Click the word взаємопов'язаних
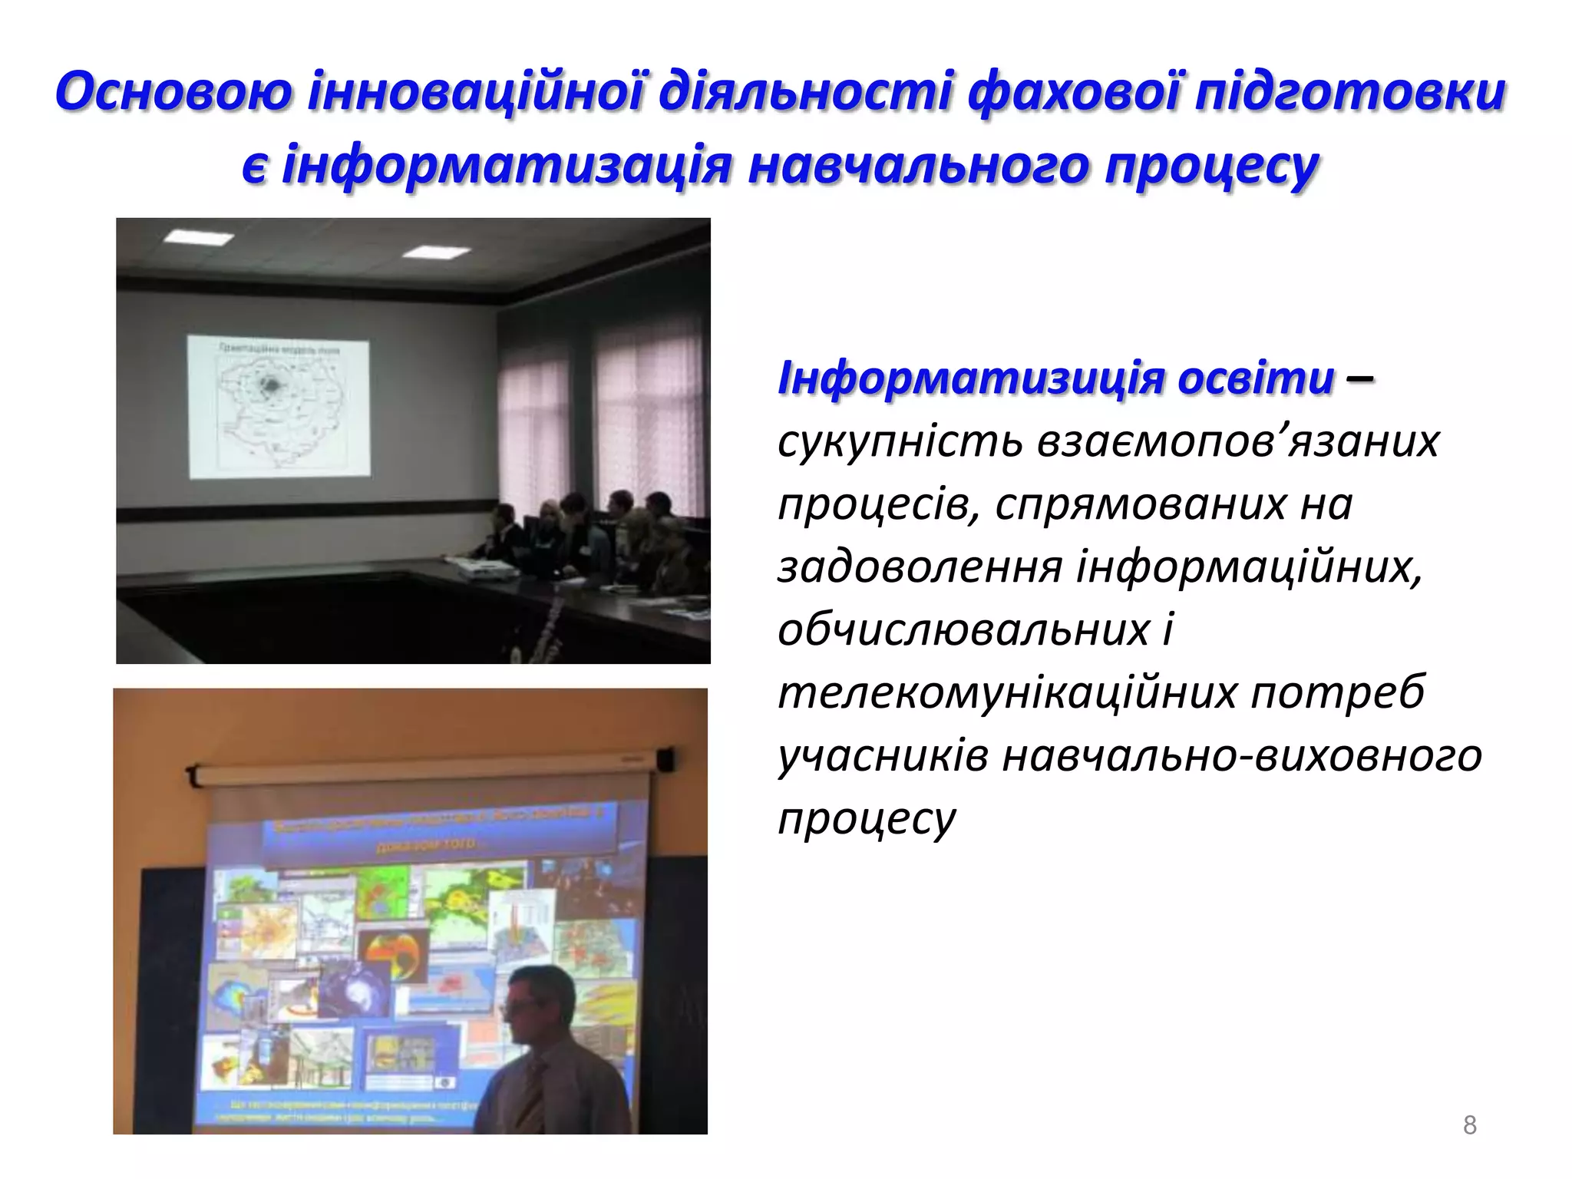[x=1237, y=442]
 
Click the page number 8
[x=1469, y=1125]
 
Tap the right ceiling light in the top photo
[x=436, y=253]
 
